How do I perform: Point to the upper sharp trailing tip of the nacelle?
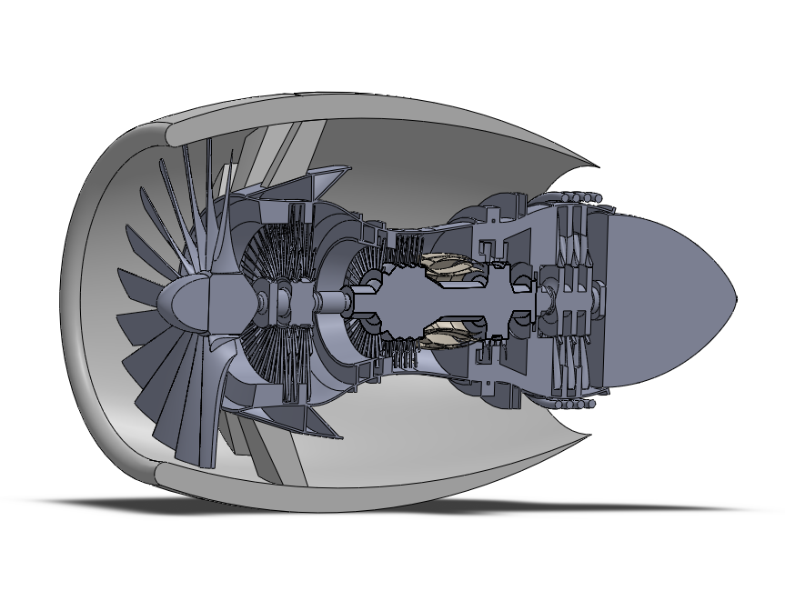(x=596, y=167)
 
